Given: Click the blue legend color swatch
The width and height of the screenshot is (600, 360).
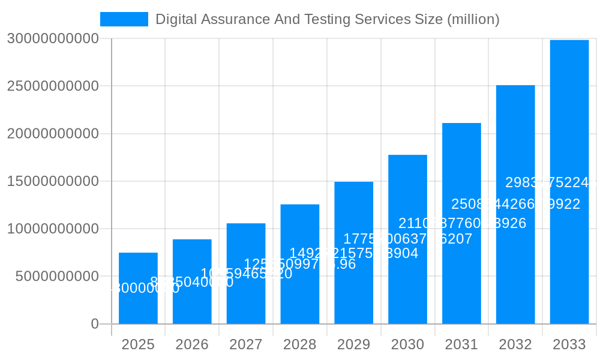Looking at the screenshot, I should click(124, 19).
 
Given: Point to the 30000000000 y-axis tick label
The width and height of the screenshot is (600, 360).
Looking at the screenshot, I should click(53, 38).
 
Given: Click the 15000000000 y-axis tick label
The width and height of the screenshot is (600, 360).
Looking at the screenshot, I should click(53, 181).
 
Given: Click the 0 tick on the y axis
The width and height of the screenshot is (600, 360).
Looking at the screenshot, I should click(95, 324).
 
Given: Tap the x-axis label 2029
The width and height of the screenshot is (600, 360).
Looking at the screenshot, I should click(354, 344).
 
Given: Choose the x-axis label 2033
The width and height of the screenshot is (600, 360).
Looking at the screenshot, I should click(569, 344).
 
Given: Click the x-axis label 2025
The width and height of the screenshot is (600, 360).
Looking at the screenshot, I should click(138, 344).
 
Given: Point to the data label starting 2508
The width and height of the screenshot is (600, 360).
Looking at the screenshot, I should click(515, 205).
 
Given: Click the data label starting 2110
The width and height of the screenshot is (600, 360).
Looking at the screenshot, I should click(462, 224).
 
